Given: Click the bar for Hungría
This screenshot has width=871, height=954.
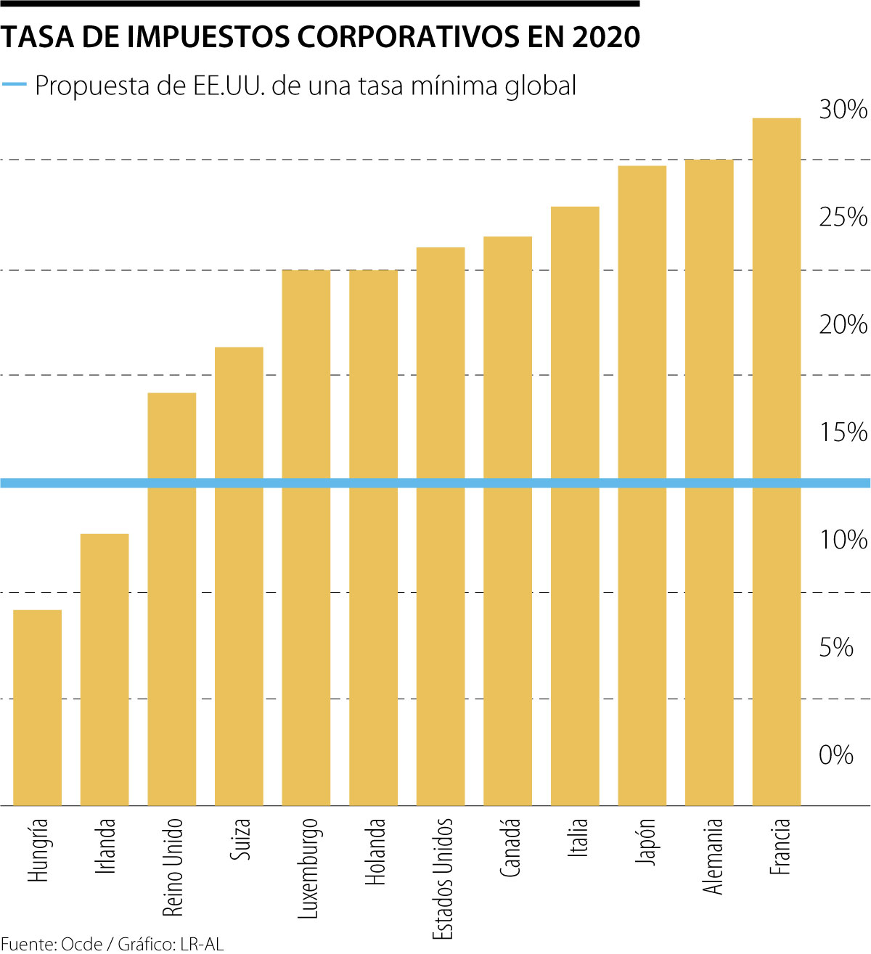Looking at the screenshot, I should [x=38, y=707].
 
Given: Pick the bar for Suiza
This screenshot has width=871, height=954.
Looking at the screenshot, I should [x=239, y=576].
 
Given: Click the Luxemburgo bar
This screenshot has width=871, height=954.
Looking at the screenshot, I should [x=306, y=538].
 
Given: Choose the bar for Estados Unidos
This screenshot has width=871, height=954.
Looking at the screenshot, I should [x=441, y=526].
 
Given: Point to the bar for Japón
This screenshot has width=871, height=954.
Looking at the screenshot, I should [x=642, y=485].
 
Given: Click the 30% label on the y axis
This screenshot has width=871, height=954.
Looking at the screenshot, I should [x=843, y=110].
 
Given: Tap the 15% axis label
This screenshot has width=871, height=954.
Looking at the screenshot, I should [x=843, y=432].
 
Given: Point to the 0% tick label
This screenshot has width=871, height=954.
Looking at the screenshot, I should [x=835, y=755].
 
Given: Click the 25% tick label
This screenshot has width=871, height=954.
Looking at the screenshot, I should [x=843, y=217].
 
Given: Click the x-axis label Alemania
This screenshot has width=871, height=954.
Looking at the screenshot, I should [x=713, y=856].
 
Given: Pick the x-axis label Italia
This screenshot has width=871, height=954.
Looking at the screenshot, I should [x=578, y=838].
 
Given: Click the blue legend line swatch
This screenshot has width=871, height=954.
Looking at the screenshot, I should [x=15, y=85].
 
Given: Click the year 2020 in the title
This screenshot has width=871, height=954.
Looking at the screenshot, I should [x=606, y=37].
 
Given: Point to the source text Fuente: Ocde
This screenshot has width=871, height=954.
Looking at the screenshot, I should [x=51, y=944].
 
